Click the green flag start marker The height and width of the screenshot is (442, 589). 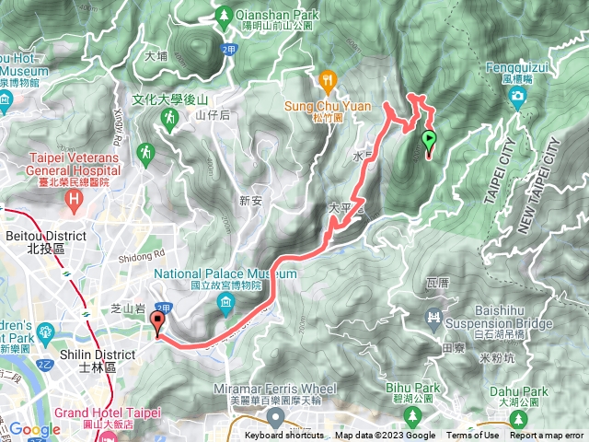click(x=429, y=141)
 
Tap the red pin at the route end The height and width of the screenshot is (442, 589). click(x=157, y=322)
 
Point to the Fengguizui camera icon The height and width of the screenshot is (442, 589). click(x=519, y=97)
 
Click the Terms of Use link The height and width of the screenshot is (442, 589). click(x=473, y=436)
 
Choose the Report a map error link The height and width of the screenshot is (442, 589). click(x=549, y=436)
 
